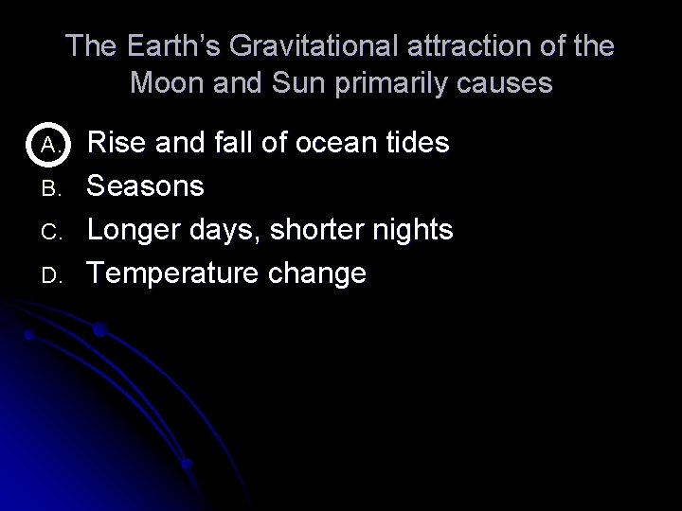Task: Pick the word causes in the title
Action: (x=503, y=83)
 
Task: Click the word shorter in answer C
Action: (x=305, y=230)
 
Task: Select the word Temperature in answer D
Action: (x=177, y=274)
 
